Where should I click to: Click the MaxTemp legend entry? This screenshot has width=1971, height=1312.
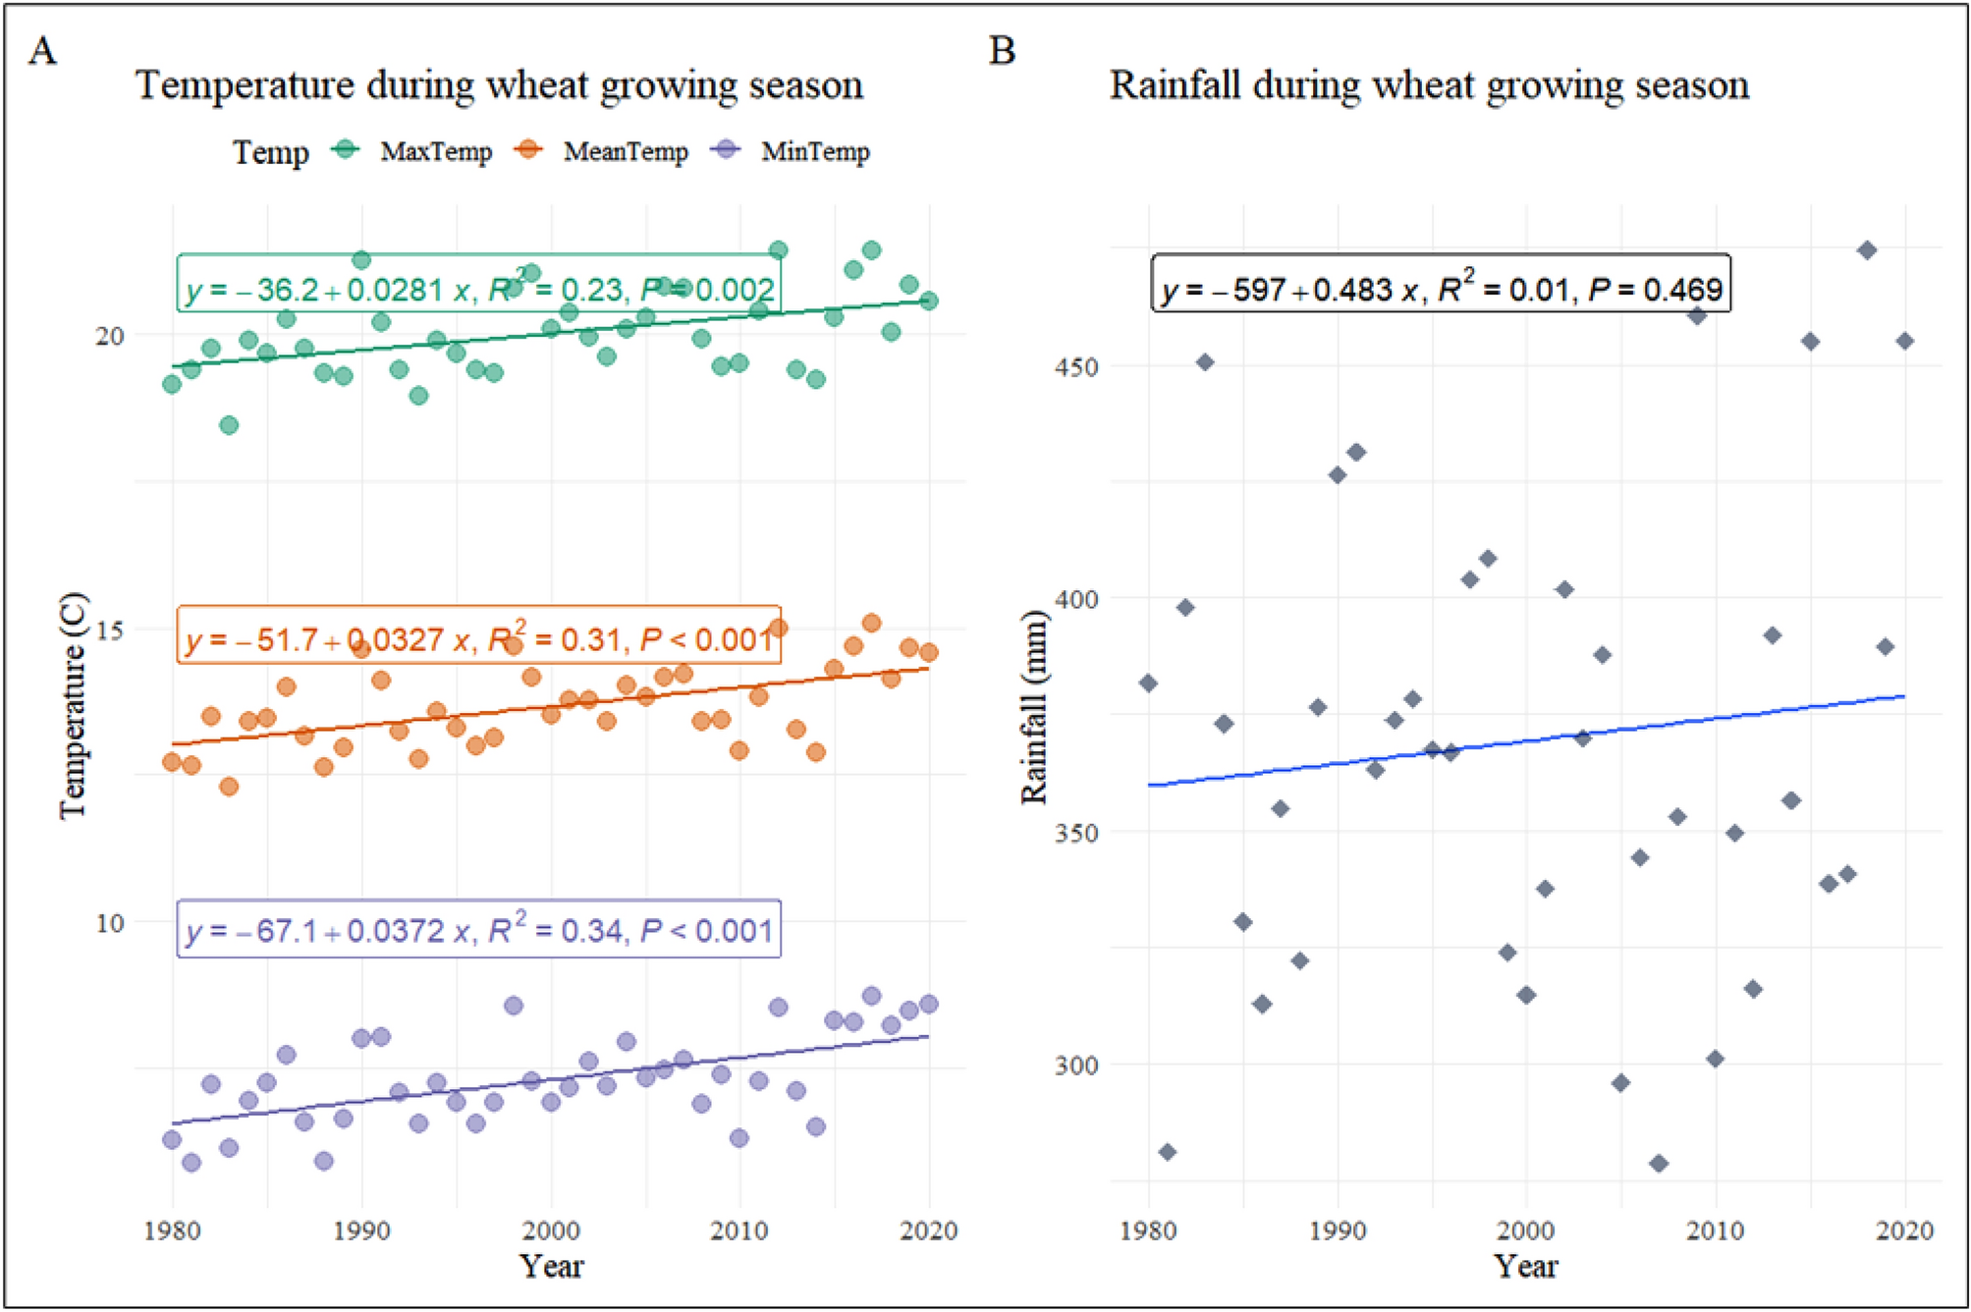coord(412,151)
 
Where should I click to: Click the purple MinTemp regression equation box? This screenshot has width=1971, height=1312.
coord(479,929)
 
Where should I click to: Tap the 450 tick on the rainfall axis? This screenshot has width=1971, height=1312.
coord(1075,367)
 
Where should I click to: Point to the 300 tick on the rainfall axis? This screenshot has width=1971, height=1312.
coord(1075,1066)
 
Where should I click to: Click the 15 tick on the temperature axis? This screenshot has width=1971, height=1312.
coord(110,630)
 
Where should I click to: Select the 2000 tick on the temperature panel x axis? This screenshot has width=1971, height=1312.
coord(551,1230)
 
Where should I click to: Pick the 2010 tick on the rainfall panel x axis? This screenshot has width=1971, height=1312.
coord(1715,1230)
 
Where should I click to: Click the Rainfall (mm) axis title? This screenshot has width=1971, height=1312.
coord(1034,707)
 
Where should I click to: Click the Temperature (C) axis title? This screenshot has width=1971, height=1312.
coord(73,707)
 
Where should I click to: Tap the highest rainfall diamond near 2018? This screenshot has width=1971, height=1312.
coord(1867,250)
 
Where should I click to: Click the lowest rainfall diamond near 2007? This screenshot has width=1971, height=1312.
coord(1659,1164)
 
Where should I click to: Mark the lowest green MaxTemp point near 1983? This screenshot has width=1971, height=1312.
coord(229,425)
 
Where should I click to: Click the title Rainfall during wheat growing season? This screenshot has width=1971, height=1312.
coord(1429,86)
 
